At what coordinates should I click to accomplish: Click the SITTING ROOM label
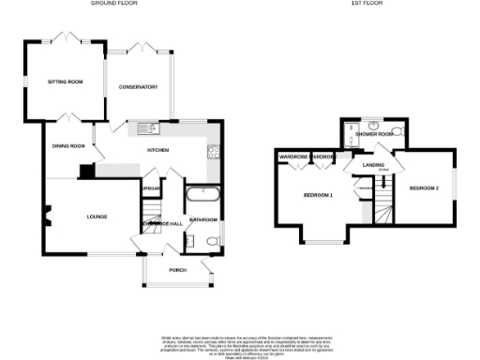coord(66,82)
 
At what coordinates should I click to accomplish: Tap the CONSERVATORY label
coord(138,87)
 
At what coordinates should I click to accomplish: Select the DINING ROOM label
coord(68,145)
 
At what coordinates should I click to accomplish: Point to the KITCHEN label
coord(157,150)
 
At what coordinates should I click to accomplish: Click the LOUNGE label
coord(97,217)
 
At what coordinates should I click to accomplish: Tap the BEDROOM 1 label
coord(319,194)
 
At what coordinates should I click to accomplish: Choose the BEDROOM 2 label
coord(424,187)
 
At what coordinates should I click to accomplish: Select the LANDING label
coord(362,165)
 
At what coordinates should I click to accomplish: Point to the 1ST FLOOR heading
coord(363,4)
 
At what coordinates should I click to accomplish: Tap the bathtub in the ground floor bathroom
coord(202,196)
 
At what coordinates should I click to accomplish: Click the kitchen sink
coord(150,128)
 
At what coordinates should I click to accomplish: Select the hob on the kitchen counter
coord(213,154)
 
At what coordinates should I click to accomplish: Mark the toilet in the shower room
coord(398,130)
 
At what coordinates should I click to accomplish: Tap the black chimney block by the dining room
coord(85,171)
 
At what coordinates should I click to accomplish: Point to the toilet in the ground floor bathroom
coord(214,242)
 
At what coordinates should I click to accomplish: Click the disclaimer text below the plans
coord(239,344)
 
